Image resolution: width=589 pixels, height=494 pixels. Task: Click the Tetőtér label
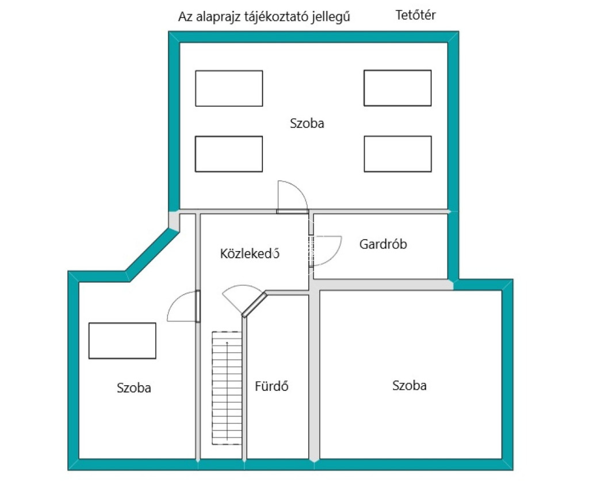point(415,16)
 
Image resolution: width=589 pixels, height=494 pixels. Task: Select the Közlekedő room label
point(250,253)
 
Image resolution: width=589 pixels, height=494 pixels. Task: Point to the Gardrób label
point(383,244)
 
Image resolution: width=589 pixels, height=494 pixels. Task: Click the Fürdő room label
point(271,386)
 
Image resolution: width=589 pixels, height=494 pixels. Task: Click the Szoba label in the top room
point(307,123)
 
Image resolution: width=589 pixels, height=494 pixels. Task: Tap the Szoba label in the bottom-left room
point(134,388)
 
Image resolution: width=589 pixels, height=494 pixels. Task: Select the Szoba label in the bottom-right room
point(410,386)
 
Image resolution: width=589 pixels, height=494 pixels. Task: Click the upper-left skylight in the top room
point(229,88)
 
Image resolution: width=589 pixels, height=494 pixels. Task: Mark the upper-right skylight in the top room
point(397,88)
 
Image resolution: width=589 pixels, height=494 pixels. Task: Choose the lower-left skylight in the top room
point(229,154)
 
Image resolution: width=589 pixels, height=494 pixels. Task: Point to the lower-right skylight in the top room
point(397,154)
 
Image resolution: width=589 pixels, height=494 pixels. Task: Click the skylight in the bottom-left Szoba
point(122,340)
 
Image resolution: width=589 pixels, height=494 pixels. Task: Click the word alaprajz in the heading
point(221,17)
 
